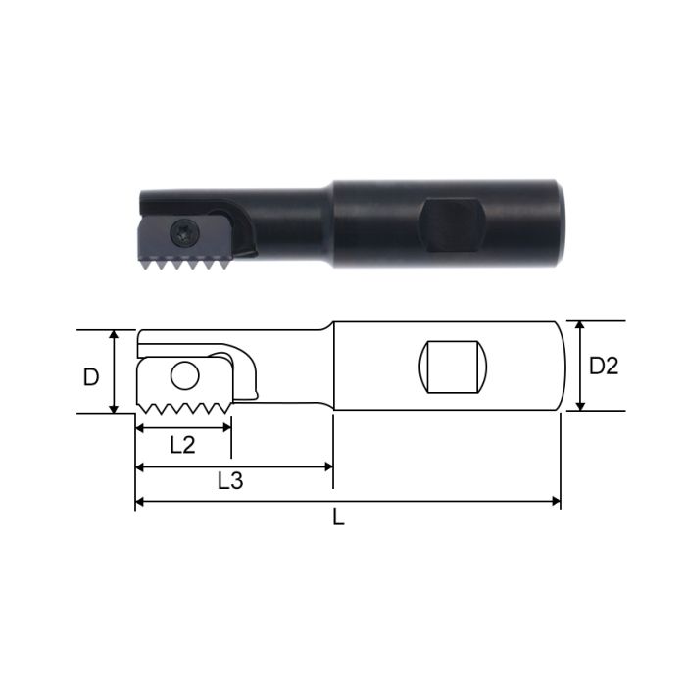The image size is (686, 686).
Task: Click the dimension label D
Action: coord(91,376)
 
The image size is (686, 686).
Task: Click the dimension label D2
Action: coord(604,366)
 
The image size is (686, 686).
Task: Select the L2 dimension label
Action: coord(182,444)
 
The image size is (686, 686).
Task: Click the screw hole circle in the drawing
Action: coord(184,375)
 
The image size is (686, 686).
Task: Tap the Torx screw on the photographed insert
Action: coord(183,233)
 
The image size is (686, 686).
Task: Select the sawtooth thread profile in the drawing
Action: coord(184,407)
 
